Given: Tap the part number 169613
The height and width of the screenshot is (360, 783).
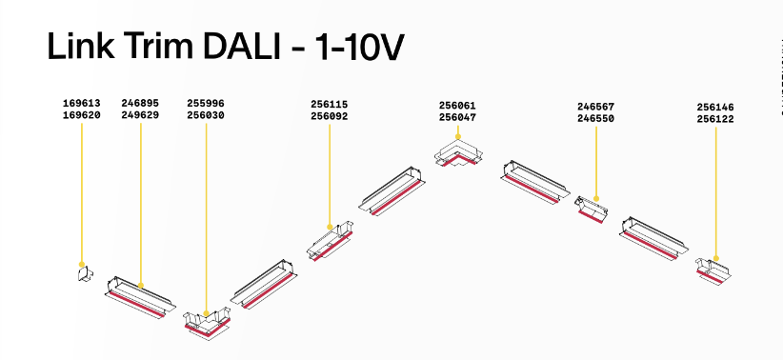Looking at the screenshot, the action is click(81, 104).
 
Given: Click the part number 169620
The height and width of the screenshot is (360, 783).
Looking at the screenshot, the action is click(81, 115).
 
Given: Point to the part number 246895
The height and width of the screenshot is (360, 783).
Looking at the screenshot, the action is click(140, 104).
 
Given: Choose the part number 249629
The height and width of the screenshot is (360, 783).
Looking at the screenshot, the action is click(140, 115).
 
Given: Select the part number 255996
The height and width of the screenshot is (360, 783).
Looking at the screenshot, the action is click(206, 104).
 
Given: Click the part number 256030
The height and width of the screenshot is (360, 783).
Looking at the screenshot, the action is click(206, 116).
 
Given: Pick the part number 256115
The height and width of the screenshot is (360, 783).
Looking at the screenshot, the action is click(329, 105).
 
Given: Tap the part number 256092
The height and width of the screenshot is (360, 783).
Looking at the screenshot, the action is click(329, 117).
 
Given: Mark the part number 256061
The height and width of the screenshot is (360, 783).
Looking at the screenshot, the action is click(457, 106).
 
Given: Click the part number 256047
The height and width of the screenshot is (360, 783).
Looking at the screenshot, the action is click(457, 118).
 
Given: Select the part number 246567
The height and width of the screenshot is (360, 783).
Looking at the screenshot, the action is click(595, 107).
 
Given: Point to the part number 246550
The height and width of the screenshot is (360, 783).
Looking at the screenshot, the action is click(595, 119).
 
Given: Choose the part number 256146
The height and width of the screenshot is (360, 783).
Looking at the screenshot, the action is click(715, 108).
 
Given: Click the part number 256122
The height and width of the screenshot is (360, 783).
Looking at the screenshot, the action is click(715, 119).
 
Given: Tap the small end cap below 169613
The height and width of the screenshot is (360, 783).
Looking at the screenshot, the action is click(85, 274).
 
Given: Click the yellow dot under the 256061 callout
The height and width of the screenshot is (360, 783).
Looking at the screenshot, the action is click(458, 136).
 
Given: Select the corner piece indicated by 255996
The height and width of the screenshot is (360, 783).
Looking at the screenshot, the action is click(208, 325).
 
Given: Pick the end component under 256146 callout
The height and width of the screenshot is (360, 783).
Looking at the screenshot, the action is click(713, 271).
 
